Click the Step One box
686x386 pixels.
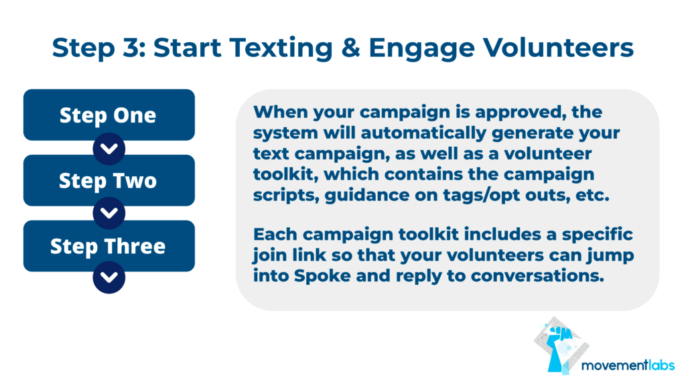109,115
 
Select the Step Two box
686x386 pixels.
109,180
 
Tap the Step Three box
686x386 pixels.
109,246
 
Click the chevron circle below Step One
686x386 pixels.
109,149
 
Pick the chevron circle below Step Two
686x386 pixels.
109,213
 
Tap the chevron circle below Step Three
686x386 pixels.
109,277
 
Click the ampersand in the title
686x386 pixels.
350,48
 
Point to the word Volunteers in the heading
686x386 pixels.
558,48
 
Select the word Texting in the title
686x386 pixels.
281,48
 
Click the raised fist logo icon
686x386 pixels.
561,346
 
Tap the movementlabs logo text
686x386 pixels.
628,365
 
